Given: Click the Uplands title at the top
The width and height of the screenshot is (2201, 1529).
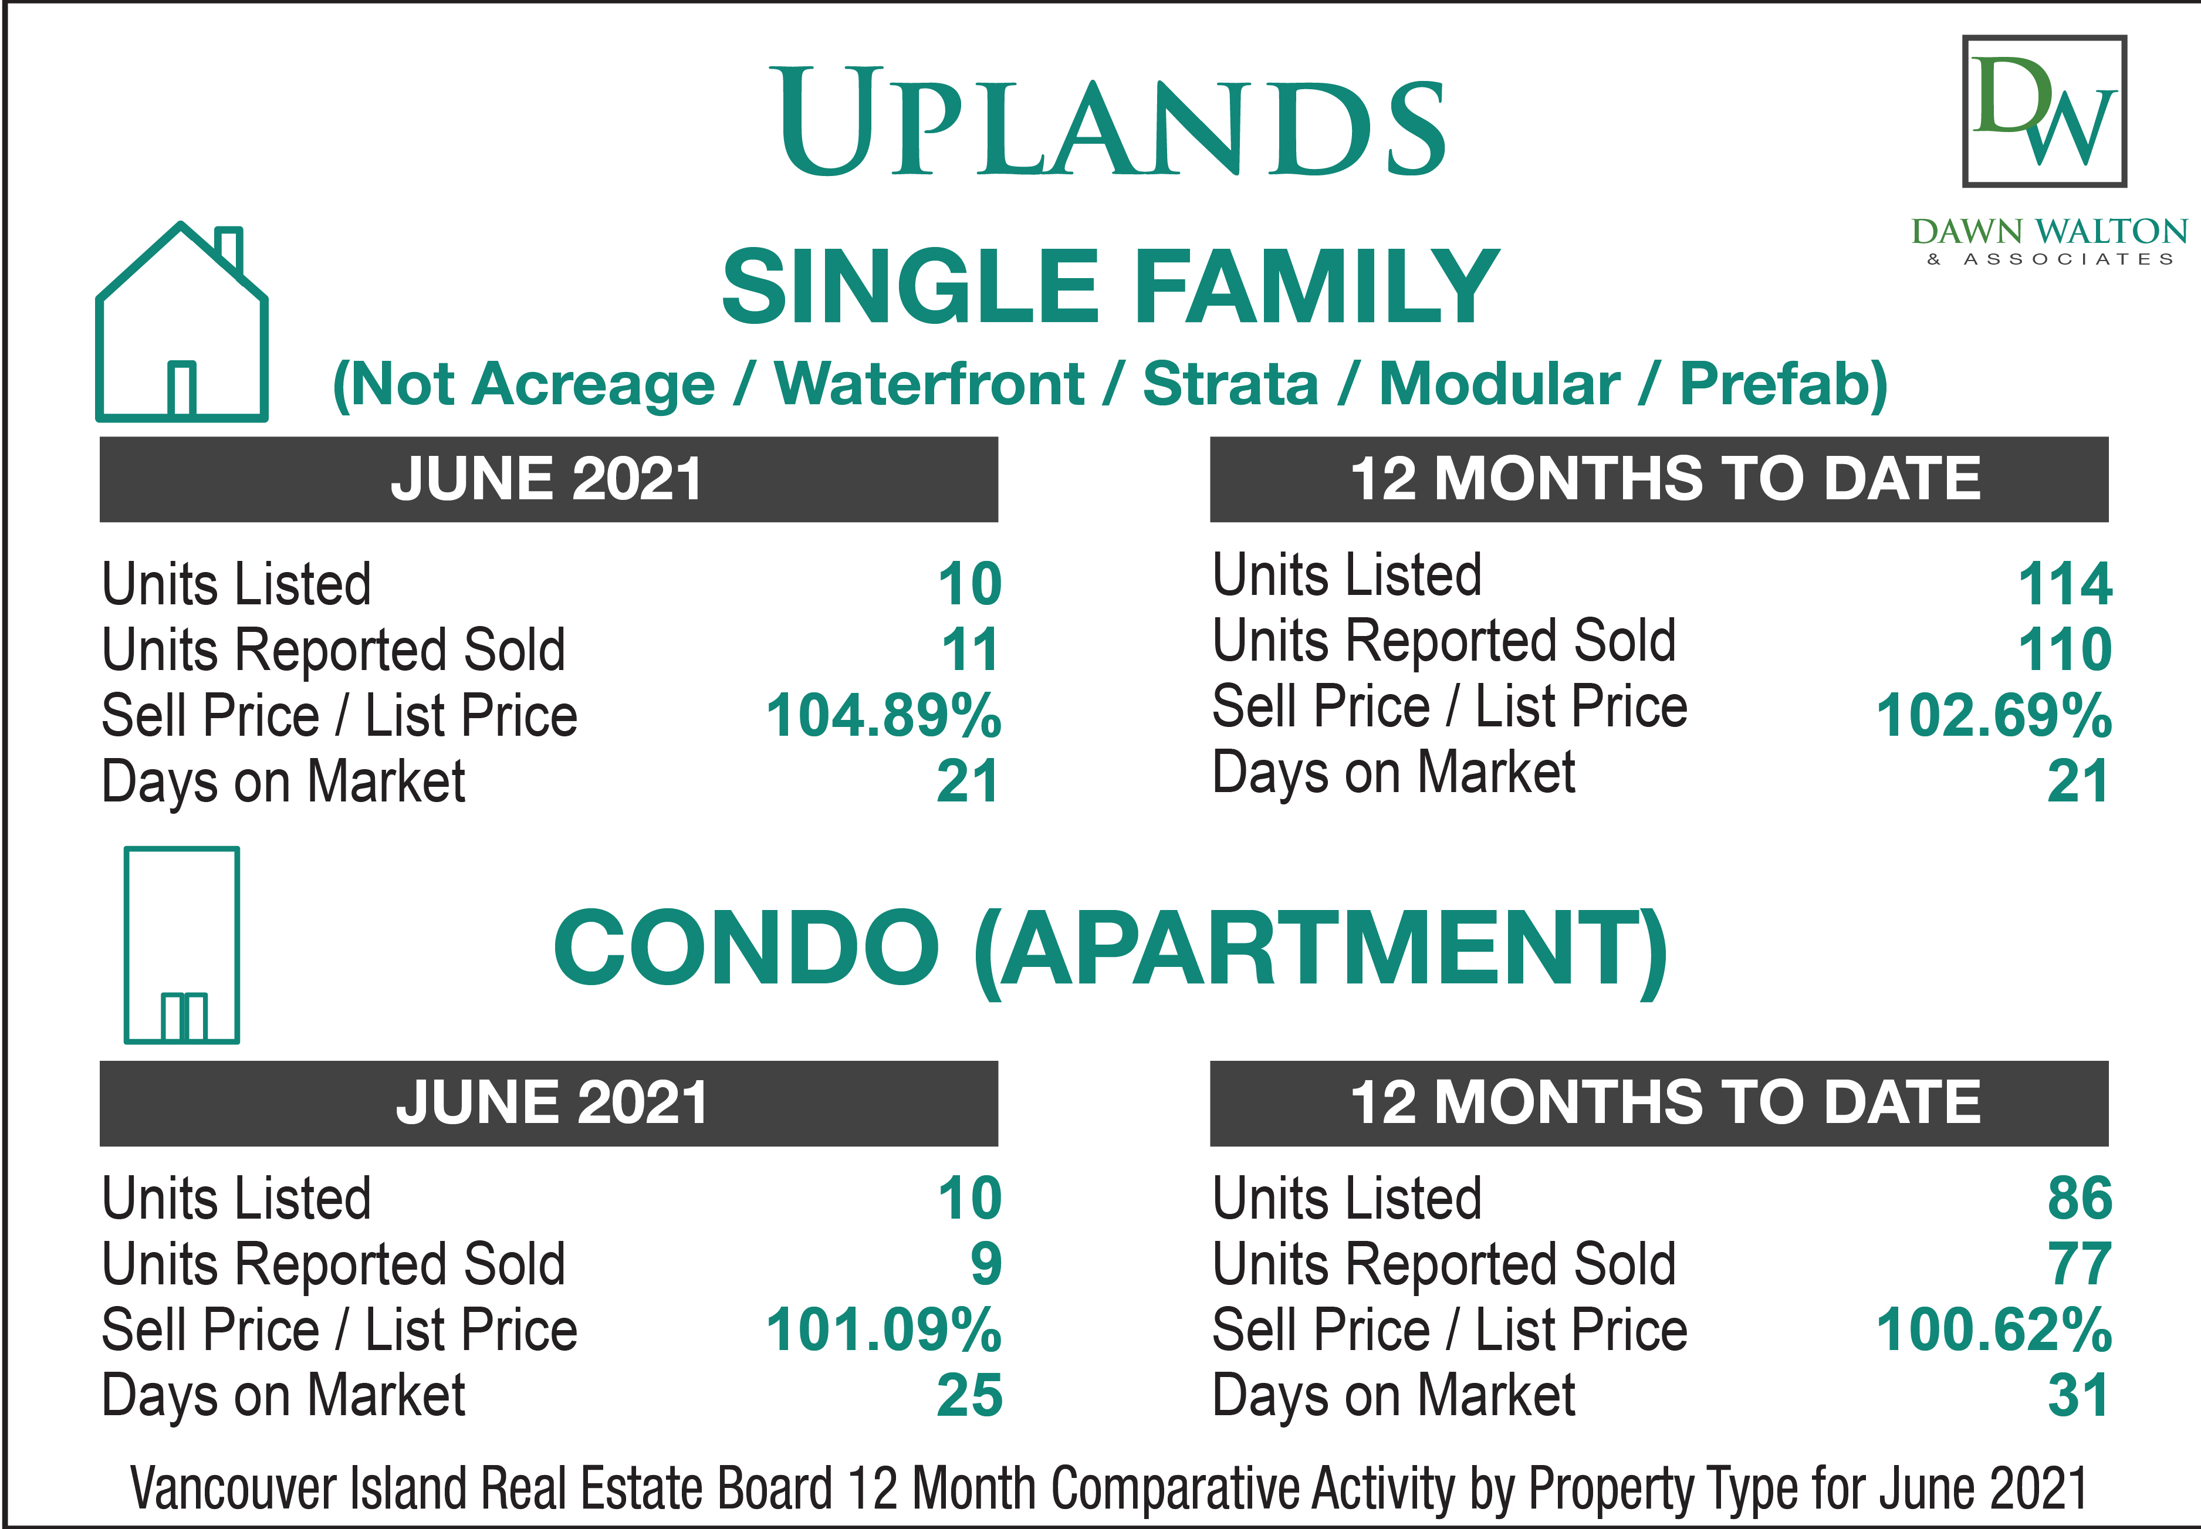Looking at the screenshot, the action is coord(1111,121).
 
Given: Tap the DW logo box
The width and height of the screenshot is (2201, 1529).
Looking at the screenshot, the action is coord(2044,111).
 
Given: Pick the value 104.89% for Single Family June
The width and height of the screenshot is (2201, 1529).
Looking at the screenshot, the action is coord(884,716).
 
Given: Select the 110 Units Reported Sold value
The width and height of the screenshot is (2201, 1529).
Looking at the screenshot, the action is coord(2065,650).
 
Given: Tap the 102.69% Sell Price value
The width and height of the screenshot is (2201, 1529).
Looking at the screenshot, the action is coord(1994,716).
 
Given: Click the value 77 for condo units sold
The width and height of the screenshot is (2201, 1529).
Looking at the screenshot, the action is coord(2080,1264).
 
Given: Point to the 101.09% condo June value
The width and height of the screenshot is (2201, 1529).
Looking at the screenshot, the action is coord(884,1330).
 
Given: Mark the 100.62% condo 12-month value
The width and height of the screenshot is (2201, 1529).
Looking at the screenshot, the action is coord(1994,1330).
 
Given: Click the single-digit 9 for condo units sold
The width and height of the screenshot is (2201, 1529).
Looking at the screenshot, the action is coord(986,1264).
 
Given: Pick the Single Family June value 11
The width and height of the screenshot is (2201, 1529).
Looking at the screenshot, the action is coord(970,650).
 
